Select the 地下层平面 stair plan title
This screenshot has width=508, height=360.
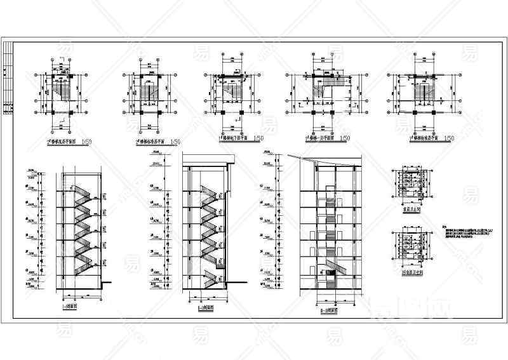(234, 138)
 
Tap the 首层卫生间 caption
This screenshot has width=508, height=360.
(410, 206)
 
